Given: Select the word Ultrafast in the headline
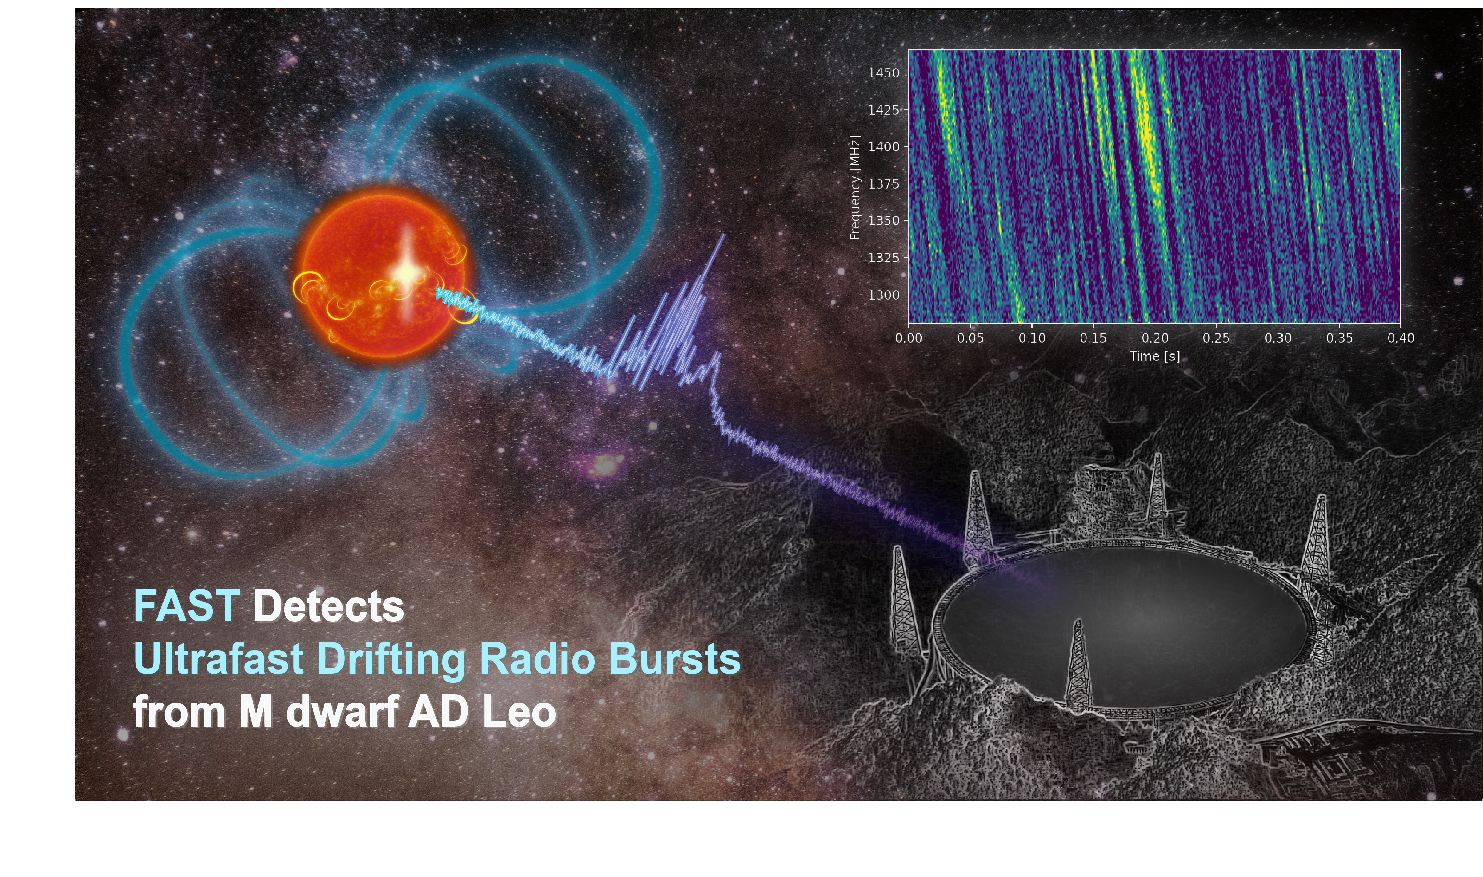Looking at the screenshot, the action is [x=219, y=658].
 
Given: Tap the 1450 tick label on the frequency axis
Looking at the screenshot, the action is [x=883, y=73].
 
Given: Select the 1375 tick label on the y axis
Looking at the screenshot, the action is [x=883, y=184].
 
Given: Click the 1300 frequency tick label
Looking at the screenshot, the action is [x=883, y=294].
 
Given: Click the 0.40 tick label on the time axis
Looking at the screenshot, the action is [x=1401, y=338].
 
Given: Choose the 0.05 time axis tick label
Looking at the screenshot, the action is [x=970, y=338].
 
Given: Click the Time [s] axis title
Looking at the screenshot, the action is [x=1154, y=356].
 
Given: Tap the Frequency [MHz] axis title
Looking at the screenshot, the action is [x=855, y=187].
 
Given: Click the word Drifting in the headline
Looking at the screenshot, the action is [x=391, y=658].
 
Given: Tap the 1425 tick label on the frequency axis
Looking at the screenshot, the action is [x=883, y=110].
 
